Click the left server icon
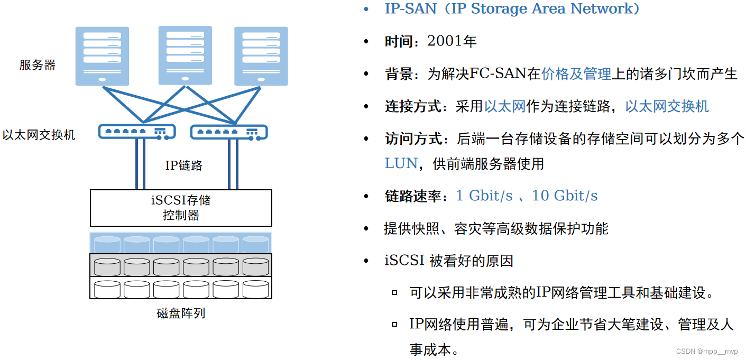tap(102, 56)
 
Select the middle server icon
tap(185, 54)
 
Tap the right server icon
tap(261, 56)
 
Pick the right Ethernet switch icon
tap(228, 132)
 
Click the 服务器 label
tap(38, 65)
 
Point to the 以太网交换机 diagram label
tap(39, 135)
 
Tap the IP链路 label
tap(183, 165)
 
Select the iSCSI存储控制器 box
tap(181, 208)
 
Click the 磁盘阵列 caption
tap(181, 313)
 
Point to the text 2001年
tap(452, 41)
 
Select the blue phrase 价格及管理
tap(576, 74)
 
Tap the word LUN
tap(401, 163)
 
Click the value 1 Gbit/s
tap(484, 196)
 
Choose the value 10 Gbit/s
tap(565, 196)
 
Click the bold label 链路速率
tap(413, 196)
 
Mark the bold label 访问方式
tap(413, 139)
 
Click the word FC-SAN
tap(498, 74)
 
